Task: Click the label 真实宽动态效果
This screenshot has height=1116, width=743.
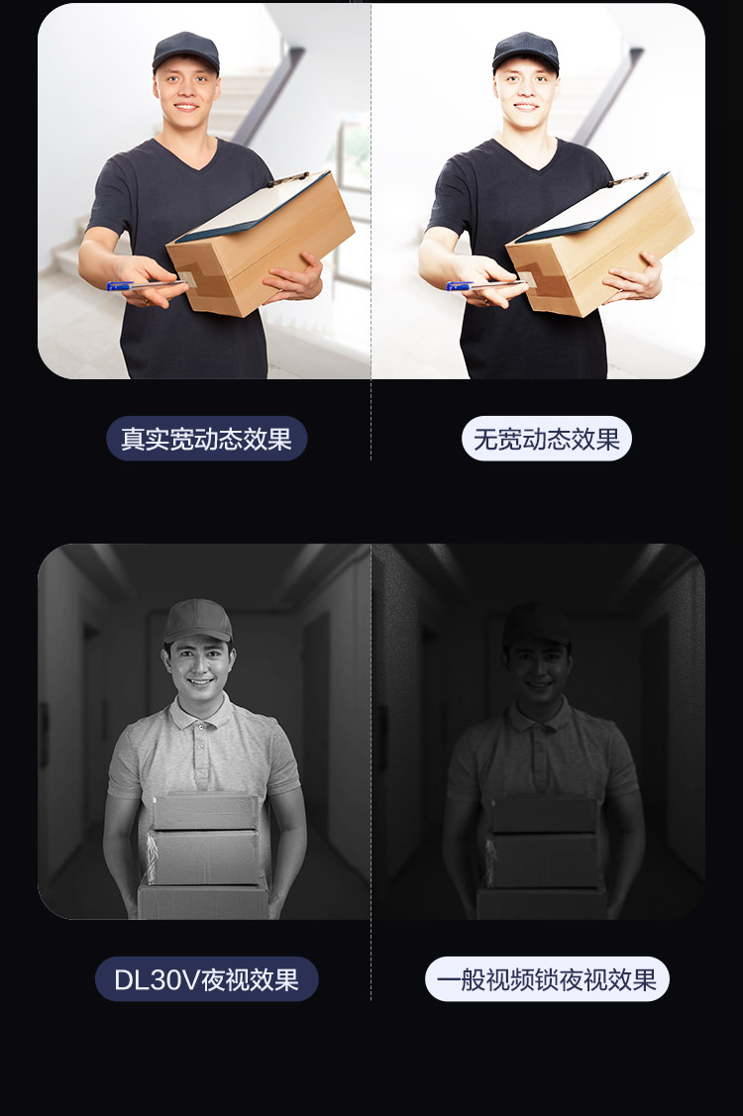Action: [x=207, y=439]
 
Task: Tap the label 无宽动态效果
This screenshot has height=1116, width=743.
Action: [x=547, y=439]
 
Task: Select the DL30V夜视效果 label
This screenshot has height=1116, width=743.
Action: [x=207, y=979]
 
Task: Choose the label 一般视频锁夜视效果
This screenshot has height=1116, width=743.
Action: [x=547, y=979]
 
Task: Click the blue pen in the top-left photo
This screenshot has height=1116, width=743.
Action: [x=145, y=286]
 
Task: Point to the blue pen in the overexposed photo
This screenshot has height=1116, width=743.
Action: [x=484, y=286]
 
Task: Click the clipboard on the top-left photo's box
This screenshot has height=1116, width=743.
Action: [x=253, y=203]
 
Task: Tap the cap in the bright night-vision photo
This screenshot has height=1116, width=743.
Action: [x=197, y=621]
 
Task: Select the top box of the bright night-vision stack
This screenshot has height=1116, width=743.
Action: [x=206, y=811]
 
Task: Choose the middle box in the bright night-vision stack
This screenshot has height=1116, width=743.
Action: [x=204, y=857]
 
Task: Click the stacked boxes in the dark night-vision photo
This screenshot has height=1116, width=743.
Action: [x=543, y=858]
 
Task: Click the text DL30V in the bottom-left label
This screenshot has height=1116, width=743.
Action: [x=157, y=980]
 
